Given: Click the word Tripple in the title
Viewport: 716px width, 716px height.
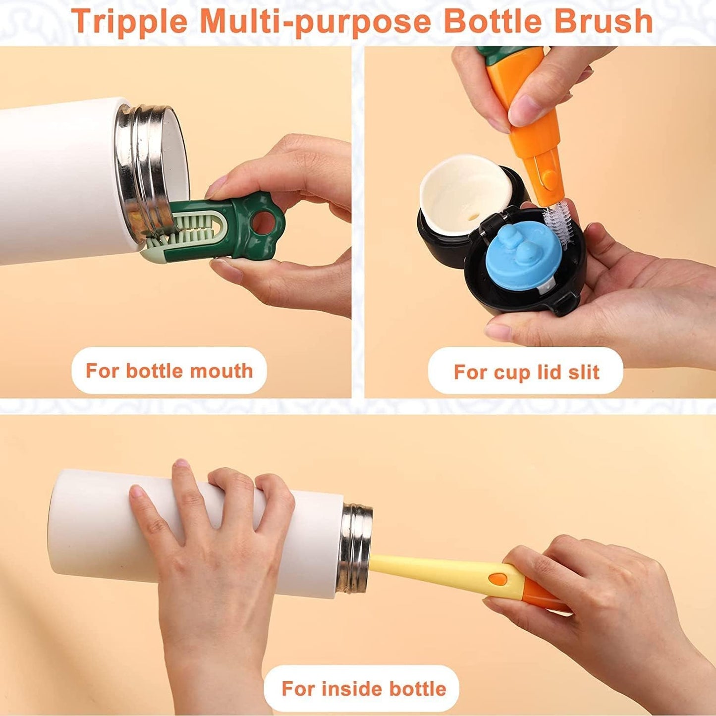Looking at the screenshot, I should click(x=129, y=21).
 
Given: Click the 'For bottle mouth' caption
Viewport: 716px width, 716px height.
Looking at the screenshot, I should click(x=169, y=371).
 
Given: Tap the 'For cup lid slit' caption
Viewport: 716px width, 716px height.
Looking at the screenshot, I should click(x=526, y=372).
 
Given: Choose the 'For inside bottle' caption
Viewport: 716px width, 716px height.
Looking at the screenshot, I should click(x=363, y=689).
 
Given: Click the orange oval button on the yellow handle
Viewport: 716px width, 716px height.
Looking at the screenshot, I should click(x=497, y=578).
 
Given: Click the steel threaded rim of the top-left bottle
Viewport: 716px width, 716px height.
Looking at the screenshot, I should click(x=149, y=164).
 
